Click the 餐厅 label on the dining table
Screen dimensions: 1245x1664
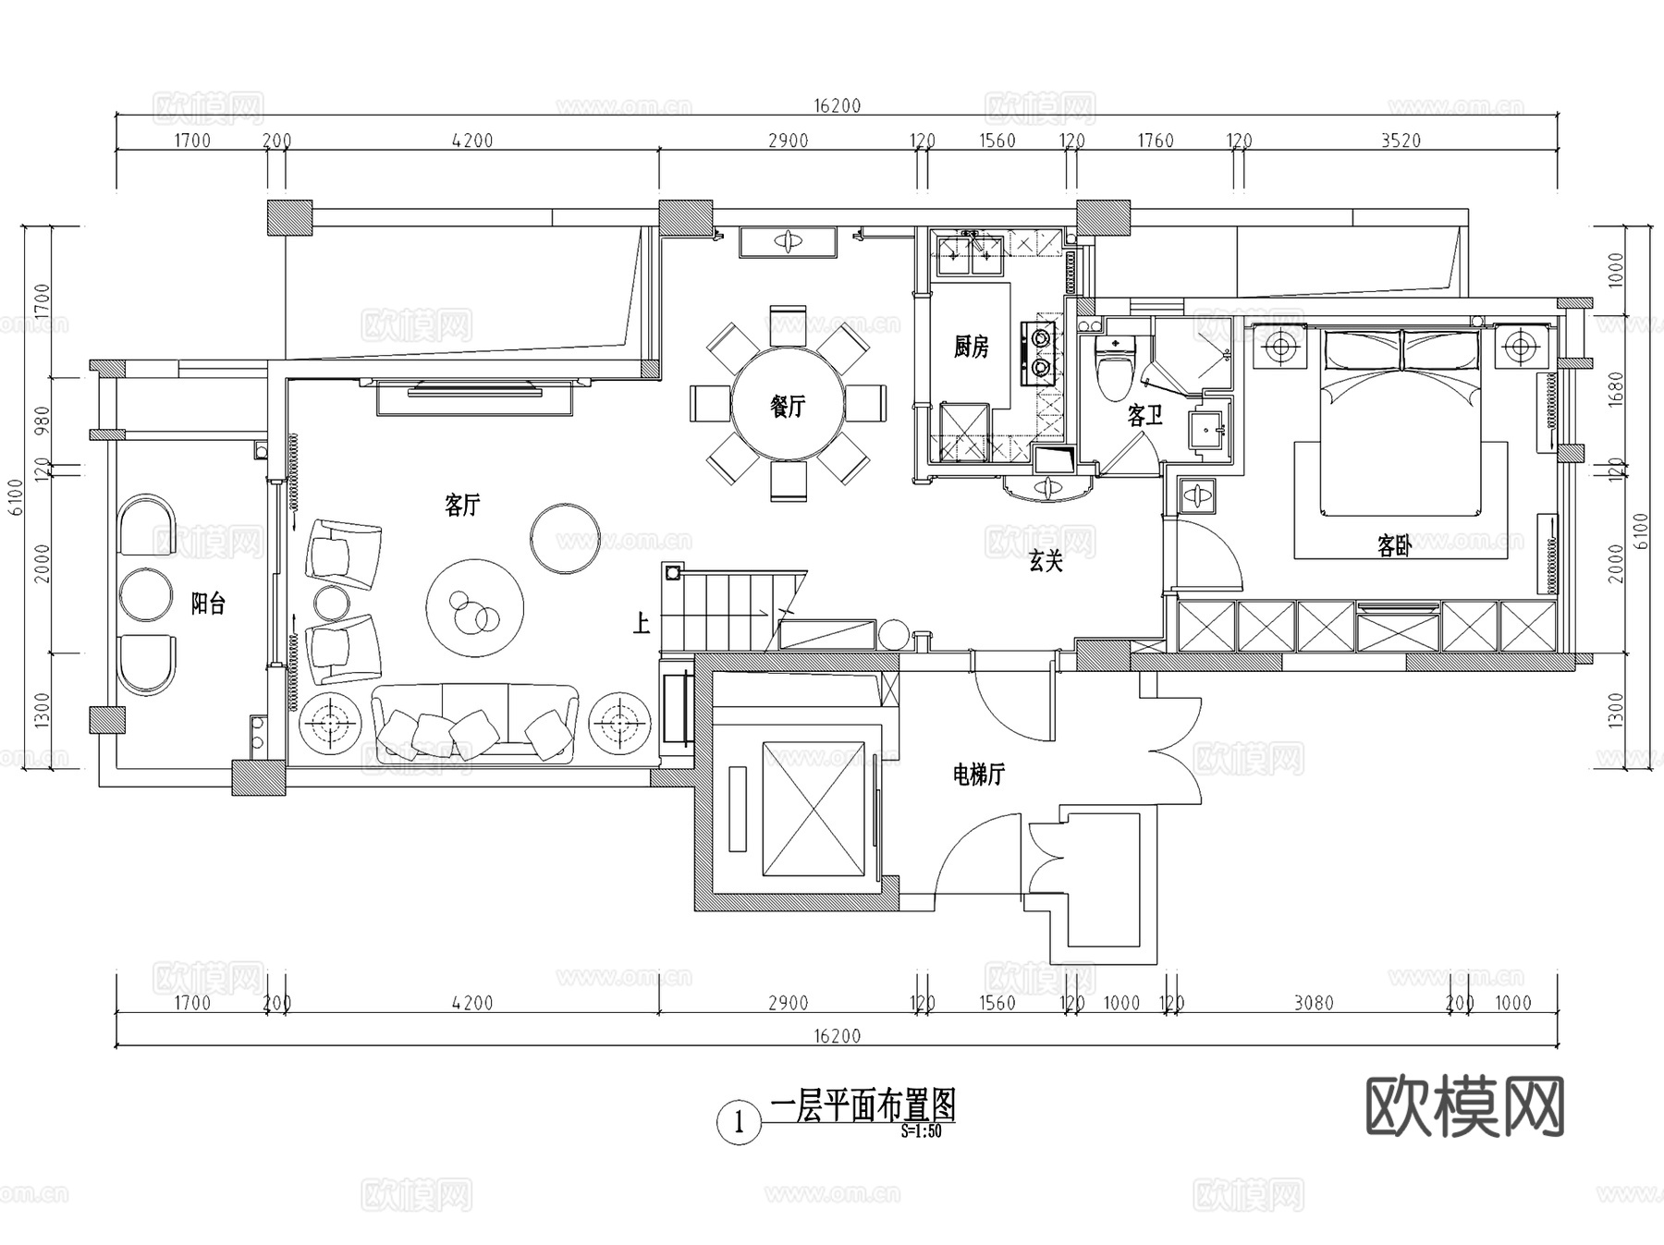pyautogui.click(x=788, y=406)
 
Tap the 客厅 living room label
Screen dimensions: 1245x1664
pyautogui.click(x=462, y=506)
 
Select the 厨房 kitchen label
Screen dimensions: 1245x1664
pyautogui.click(x=971, y=348)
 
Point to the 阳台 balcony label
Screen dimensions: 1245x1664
pyautogui.click(x=208, y=604)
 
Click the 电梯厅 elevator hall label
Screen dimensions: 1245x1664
pyautogui.click(x=978, y=775)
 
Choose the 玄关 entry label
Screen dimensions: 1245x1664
pyautogui.click(x=1046, y=561)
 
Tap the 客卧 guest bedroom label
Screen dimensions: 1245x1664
pyautogui.click(x=1394, y=546)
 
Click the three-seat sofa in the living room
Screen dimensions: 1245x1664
pyautogui.click(x=475, y=722)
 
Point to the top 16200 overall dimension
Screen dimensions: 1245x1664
pyautogui.click(x=837, y=105)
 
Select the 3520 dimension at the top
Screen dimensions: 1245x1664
pyautogui.click(x=1401, y=140)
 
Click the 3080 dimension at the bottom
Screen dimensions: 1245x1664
pyautogui.click(x=1313, y=1003)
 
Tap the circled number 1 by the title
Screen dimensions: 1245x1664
pyautogui.click(x=739, y=1124)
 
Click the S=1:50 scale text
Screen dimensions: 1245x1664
pyautogui.click(x=922, y=1131)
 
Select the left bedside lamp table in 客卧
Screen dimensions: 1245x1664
pyautogui.click(x=1280, y=348)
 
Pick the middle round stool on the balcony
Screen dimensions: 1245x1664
pyautogui.click(x=146, y=594)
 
